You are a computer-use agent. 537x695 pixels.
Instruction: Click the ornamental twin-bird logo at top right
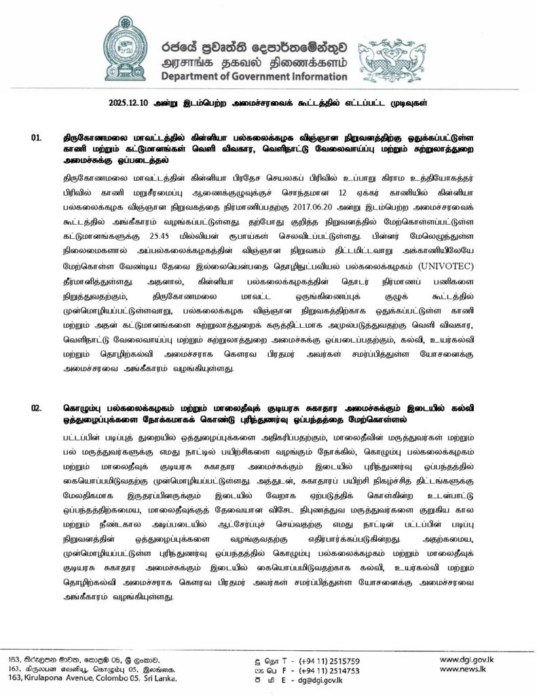click(x=390, y=58)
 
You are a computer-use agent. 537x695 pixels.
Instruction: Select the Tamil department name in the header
click(x=254, y=62)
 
